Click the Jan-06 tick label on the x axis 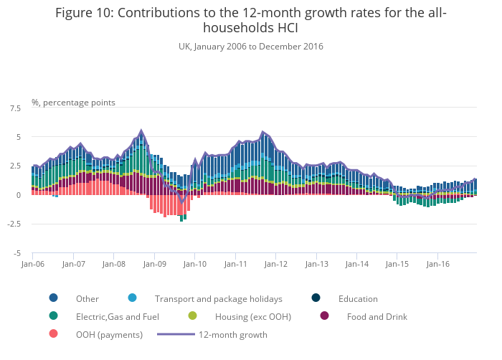tap(33, 264)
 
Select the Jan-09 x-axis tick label tap(154, 264)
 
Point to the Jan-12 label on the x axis tap(276, 264)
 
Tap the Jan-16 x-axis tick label tap(438, 264)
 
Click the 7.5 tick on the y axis tap(14, 108)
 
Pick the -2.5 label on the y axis tap(13, 224)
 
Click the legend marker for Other tap(54, 298)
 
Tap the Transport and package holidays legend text tap(218, 298)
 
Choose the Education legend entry tap(358, 298)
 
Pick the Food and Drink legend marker tap(325, 316)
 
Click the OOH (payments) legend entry tap(109, 334)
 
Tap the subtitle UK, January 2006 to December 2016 tap(251, 47)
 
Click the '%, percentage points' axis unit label tap(73, 103)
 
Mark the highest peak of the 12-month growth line tap(141, 131)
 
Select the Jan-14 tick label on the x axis tap(357, 264)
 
